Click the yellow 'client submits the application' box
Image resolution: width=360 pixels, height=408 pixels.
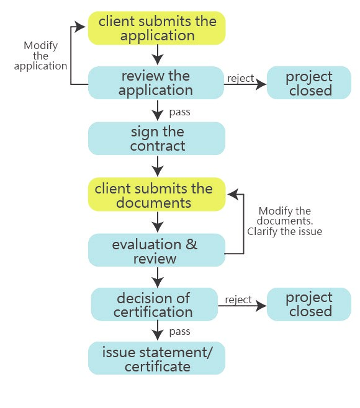[x=156, y=28]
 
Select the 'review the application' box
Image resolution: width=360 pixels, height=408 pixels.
[x=156, y=82]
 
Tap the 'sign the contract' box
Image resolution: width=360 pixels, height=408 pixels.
[x=156, y=138]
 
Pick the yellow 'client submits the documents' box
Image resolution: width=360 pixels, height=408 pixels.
[x=156, y=194]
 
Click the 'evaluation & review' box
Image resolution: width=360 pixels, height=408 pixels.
[x=156, y=250]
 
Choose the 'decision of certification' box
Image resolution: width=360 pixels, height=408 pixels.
[x=154, y=304]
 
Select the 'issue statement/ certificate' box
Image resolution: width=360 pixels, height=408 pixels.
[x=156, y=358]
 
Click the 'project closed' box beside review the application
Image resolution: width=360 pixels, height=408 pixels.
[x=309, y=82]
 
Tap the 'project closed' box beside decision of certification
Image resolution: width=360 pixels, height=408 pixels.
[x=309, y=304]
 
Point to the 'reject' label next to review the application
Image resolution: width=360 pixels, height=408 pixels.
[x=240, y=78]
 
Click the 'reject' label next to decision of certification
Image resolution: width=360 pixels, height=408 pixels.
[x=238, y=299]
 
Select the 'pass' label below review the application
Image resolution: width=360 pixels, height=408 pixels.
[x=180, y=112]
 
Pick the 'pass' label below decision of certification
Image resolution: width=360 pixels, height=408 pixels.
[x=180, y=332]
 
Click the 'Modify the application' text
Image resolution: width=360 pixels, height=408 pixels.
[x=40, y=56]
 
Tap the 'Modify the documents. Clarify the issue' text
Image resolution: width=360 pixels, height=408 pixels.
[x=284, y=221]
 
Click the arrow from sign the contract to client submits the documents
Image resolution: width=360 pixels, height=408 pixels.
[x=158, y=166]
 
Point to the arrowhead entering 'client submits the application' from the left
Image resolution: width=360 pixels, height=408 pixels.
[x=79, y=26]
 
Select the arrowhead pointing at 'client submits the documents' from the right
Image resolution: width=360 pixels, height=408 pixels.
[x=233, y=194]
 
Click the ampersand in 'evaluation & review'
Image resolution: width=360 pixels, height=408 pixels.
[x=191, y=244]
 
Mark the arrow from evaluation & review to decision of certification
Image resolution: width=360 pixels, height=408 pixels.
[x=158, y=277]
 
